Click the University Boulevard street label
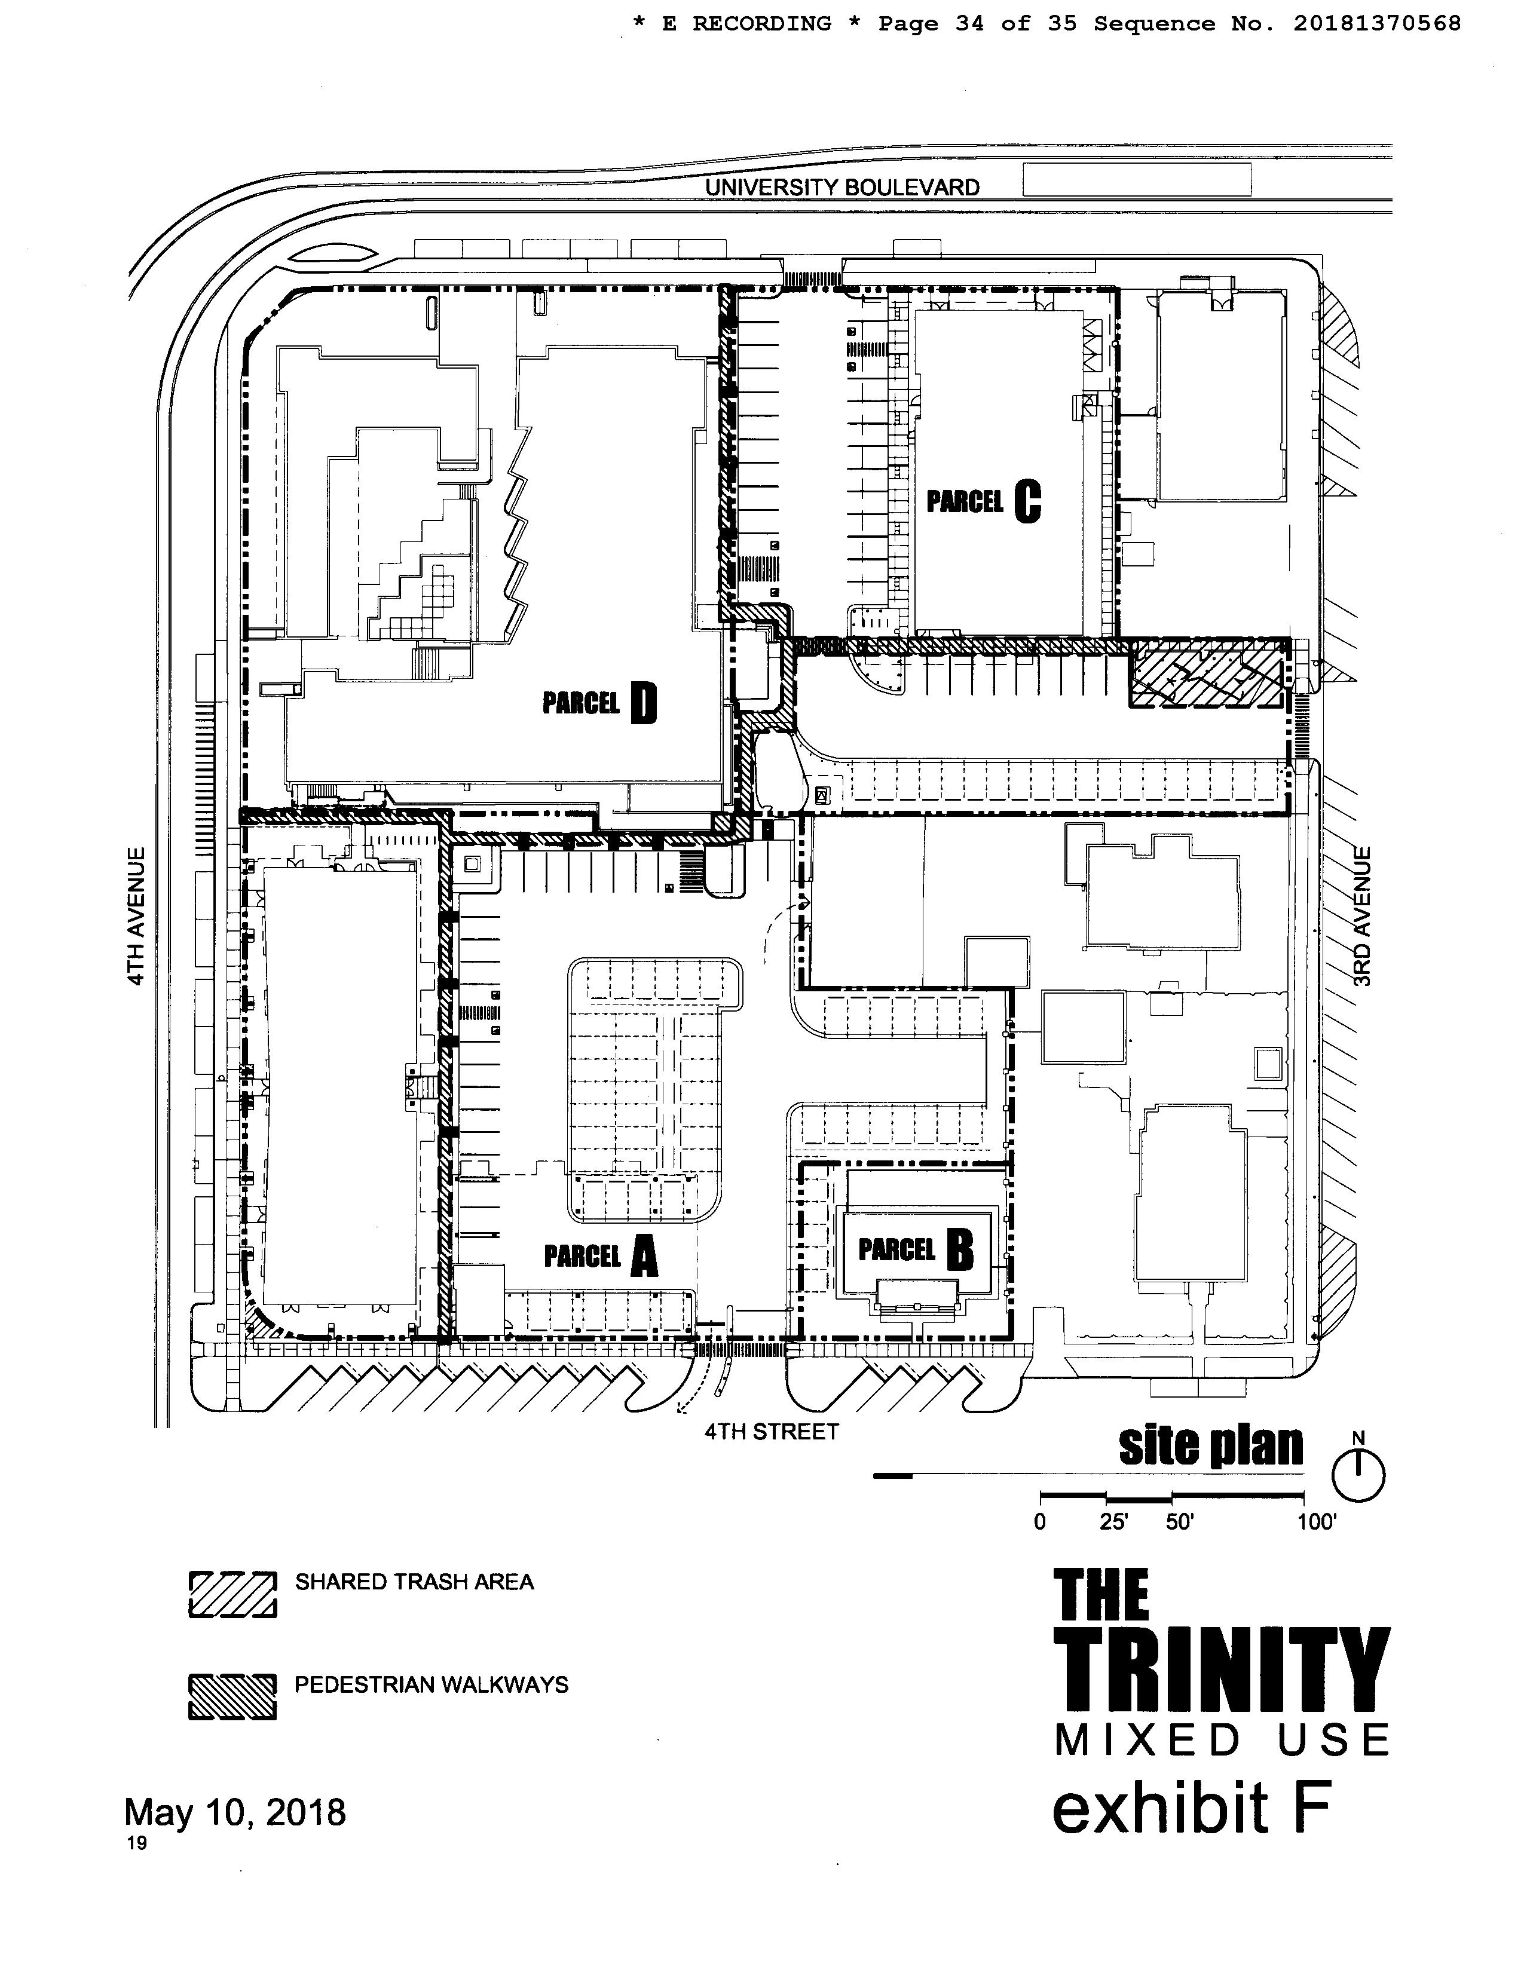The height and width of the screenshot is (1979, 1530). tap(842, 188)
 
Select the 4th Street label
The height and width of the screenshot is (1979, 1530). tap(772, 1432)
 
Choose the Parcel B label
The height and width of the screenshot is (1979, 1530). tap(916, 1251)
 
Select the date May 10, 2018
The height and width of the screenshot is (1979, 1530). tap(235, 1812)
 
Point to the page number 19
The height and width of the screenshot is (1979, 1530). tap(137, 1843)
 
